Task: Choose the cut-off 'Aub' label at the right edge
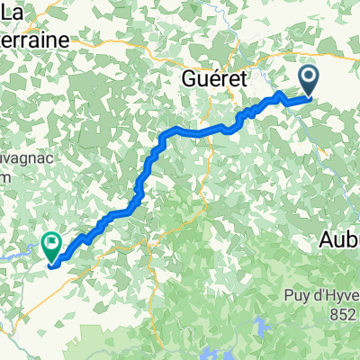click(340, 240)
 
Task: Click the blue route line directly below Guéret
click(216, 131)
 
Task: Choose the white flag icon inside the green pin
click(50, 240)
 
